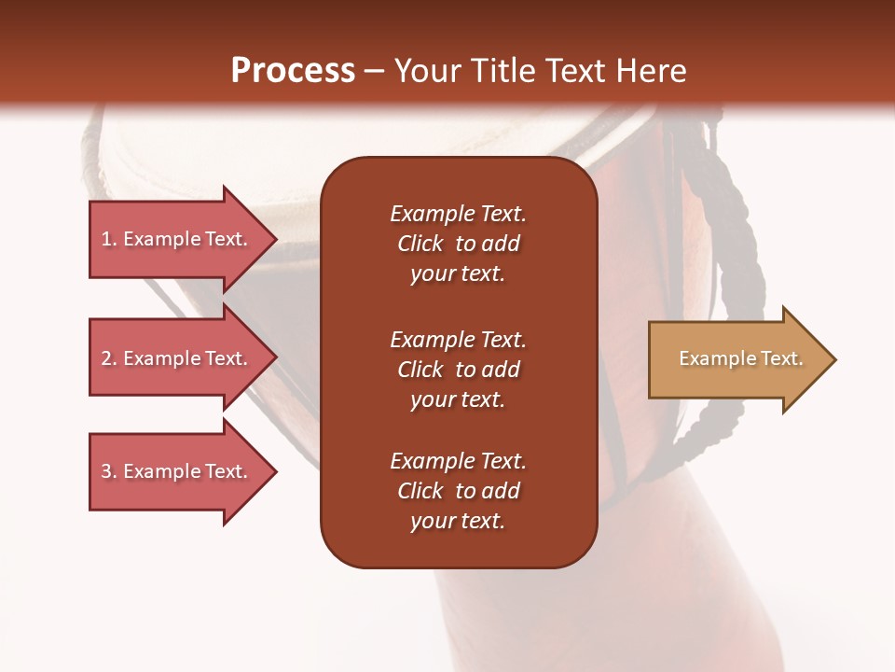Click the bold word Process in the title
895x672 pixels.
(x=293, y=71)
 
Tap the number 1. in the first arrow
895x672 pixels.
(x=109, y=239)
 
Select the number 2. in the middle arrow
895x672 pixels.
(x=109, y=358)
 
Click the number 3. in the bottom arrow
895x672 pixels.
(x=109, y=471)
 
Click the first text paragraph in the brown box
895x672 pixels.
(x=458, y=244)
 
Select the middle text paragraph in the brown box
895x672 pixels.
(x=458, y=370)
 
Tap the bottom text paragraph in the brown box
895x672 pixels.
(x=458, y=491)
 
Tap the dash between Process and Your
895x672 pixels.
(x=374, y=71)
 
